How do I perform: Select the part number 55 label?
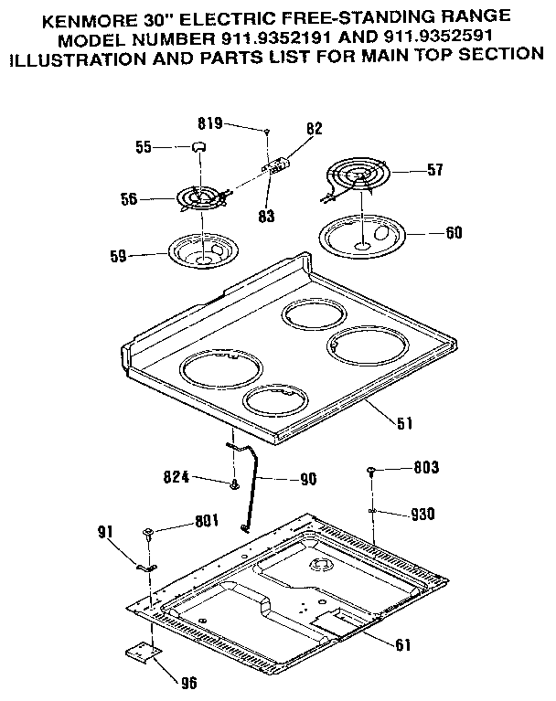coord(142,145)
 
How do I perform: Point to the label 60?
coord(453,232)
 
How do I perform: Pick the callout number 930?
coord(422,514)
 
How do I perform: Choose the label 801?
coord(208,523)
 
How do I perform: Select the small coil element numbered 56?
coord(198,197)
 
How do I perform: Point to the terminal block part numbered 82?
coord(275,165)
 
